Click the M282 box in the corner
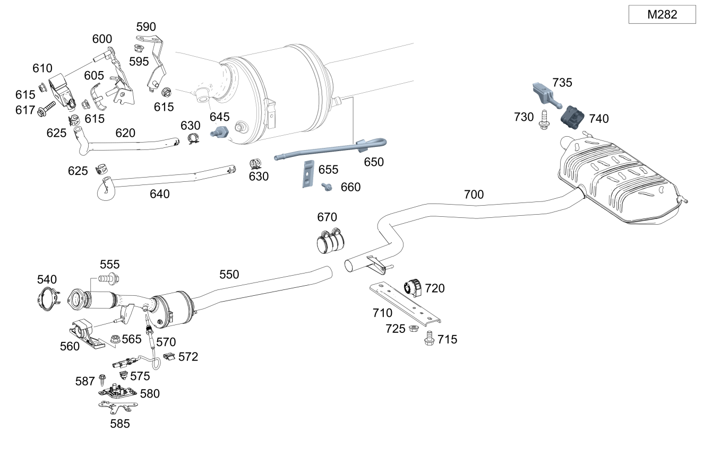[662, 15]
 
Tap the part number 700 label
[474, 195]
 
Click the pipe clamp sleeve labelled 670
[330, 242]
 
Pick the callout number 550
[229, 274]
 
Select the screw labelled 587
[103, 380]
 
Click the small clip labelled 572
[169, 356]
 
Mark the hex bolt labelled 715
[430, 338]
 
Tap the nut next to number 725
[412, 329]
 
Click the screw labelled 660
[327, 186]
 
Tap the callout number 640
[159, 194]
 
